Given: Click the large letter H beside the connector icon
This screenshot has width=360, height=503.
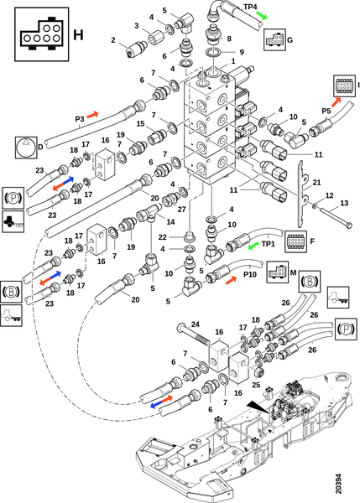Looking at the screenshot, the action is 78,34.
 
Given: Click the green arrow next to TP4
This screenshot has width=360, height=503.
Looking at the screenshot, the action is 262,16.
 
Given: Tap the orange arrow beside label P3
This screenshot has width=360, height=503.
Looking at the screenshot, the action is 92,115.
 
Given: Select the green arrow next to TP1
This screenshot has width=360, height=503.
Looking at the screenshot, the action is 253,246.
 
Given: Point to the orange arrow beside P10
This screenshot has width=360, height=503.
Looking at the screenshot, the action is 232,280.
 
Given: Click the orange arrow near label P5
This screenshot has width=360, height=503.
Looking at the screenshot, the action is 336,102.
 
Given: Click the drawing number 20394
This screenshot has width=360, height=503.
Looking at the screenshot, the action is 338,484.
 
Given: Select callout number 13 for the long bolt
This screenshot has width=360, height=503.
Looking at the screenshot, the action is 344,203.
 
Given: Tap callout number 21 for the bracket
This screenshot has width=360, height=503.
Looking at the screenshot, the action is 316,182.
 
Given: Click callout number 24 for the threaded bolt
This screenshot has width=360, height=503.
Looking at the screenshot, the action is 196,324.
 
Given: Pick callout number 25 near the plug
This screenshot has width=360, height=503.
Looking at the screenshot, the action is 256,384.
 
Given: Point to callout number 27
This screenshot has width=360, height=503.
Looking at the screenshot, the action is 182,209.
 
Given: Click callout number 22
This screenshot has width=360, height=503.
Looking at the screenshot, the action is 163,237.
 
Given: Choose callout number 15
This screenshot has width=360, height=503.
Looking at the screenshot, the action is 140,123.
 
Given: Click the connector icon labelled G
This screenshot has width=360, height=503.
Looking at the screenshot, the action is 274,39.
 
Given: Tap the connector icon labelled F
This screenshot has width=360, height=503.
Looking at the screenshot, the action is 295,241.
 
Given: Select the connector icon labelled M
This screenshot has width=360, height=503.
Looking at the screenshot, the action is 278,272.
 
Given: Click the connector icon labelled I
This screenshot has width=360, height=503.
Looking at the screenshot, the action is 344,86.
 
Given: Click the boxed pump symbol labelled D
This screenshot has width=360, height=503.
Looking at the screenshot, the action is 26,148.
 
